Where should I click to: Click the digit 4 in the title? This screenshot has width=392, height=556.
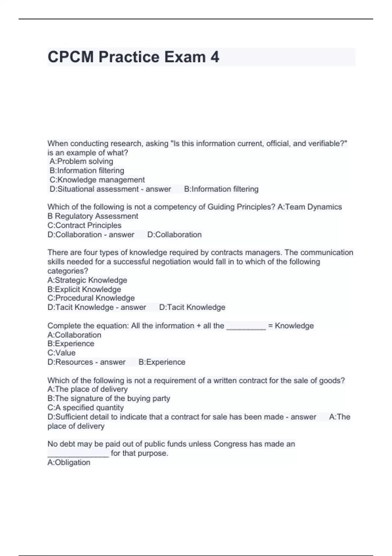click(215, 57)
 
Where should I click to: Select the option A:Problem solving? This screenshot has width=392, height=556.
click(81, 161)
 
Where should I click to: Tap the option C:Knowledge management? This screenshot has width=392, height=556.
click(97, 180)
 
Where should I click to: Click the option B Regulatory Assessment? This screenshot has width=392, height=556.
click(93, 216)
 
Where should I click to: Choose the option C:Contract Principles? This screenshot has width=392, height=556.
click(84, 225)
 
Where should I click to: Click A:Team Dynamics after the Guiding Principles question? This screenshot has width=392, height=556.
click(309, 207)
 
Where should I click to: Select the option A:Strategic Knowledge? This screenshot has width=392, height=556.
click(87, 280)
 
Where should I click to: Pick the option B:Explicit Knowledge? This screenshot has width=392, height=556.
click(84, 289)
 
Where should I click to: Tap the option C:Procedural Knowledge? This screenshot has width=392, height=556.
click(91, 298)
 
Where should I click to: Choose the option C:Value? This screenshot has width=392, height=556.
click(61, 353)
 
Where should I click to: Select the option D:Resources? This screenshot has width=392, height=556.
click(70, 362)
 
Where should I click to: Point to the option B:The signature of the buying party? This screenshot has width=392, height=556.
click(109, 398)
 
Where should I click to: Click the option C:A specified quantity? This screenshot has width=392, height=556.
click(86, 408)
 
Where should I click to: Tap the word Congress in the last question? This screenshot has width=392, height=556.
click(230, 444)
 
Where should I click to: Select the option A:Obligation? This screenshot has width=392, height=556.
click(69, 462)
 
